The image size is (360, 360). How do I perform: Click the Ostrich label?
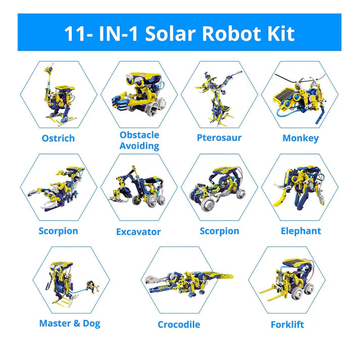point(59,138)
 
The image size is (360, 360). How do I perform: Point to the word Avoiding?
point(139,146)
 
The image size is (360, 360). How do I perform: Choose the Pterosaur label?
point(219,138)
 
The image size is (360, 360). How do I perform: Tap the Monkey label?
point(300,138)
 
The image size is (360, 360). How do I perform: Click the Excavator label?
point(138,232)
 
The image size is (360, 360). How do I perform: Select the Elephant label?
point(301,231)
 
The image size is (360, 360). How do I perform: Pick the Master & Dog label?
point(70,323)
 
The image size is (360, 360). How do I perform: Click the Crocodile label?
point(179,324)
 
